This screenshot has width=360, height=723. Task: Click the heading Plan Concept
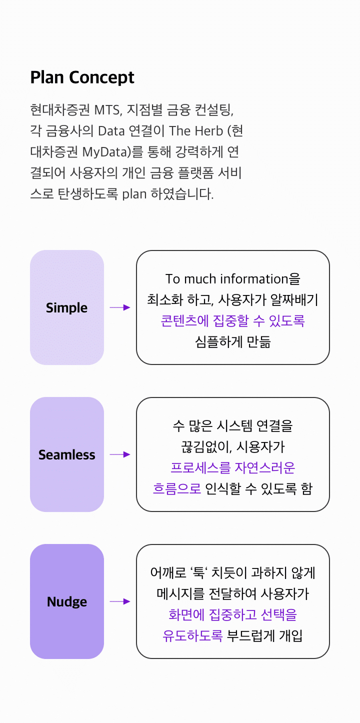[82, 77]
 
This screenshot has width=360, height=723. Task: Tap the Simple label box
[67, 307]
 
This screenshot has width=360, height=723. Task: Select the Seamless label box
[67, 454]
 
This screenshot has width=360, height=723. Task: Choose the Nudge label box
[67, 601]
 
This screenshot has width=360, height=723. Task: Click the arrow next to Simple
[120, 307]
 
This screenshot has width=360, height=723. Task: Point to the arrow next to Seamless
[120, 454]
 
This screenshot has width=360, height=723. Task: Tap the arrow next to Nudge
[120, 601]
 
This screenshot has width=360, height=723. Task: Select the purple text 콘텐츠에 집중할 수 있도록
[233, 320]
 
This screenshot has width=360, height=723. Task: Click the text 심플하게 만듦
[233, 342]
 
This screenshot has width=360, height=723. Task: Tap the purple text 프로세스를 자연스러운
[233, 467]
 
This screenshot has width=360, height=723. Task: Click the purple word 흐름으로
[177, 488]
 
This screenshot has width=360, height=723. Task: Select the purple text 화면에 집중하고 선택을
[233, 614]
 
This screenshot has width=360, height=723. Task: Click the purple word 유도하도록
[192, 635]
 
